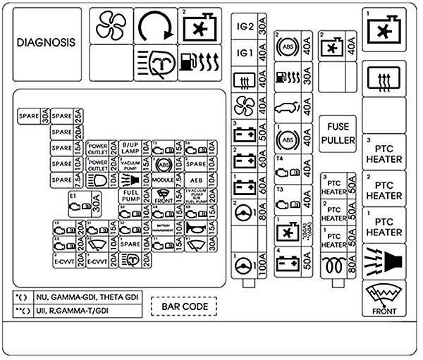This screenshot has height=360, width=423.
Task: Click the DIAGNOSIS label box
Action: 47,42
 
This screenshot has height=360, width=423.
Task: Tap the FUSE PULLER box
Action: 338,133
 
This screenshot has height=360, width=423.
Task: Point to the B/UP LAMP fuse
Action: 130,147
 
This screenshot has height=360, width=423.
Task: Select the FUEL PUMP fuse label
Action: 130,195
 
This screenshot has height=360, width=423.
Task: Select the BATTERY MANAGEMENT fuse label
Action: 163,227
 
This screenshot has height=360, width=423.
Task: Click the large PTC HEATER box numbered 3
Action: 384,151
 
